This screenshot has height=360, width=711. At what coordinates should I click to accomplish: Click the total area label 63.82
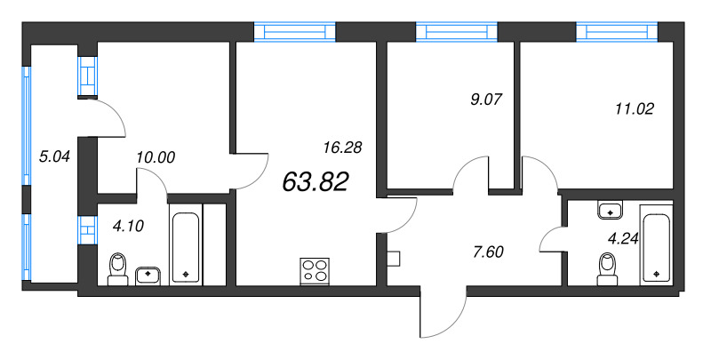[x=316, y=182]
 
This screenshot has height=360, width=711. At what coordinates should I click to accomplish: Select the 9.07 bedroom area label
[x=487, y=100]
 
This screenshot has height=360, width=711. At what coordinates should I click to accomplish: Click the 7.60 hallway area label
[x=487, y=251]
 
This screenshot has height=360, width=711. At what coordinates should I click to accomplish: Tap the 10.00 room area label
[x=156, y=158]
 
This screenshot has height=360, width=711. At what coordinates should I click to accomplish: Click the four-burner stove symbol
[x=314, y=269]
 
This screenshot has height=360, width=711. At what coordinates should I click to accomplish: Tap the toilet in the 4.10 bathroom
[x=117, y=267]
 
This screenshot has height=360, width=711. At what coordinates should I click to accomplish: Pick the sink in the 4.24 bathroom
[x=610, y=211]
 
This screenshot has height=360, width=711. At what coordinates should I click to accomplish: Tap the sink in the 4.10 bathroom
[x=148, y=274]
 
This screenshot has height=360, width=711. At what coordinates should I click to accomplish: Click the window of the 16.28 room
[x=295, y=33]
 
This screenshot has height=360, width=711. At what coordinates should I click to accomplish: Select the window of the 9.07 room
[x=460, y=33]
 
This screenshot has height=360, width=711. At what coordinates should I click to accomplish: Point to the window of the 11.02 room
[x=617, y=33]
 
